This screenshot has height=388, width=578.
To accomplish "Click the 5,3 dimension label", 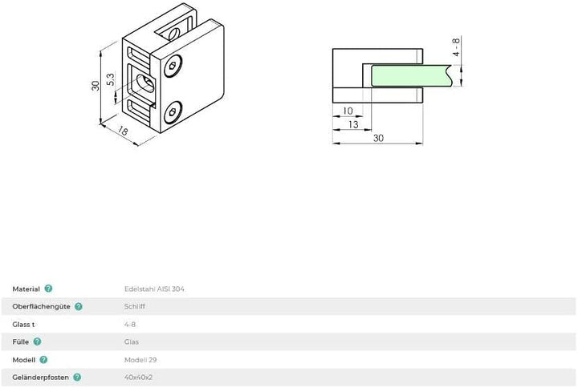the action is click(x=110, y=79).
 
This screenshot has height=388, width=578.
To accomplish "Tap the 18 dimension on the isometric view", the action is click(x=123, y=131).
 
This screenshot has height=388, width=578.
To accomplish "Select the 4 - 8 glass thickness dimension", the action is click(x=456, y=46).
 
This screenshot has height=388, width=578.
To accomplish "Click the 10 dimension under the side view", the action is click(x=348, y=111).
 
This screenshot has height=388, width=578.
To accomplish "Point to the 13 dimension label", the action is click(x=353, y=125).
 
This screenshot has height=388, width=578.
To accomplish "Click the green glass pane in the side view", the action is click(x=411, y=76).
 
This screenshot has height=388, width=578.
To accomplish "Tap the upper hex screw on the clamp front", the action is click(x=173, y=66).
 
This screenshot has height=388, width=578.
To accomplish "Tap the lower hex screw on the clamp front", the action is click(x=173, y=112).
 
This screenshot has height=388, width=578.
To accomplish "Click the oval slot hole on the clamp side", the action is click(x=145, y=83).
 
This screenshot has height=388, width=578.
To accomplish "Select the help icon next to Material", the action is click(x=48, y=289).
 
